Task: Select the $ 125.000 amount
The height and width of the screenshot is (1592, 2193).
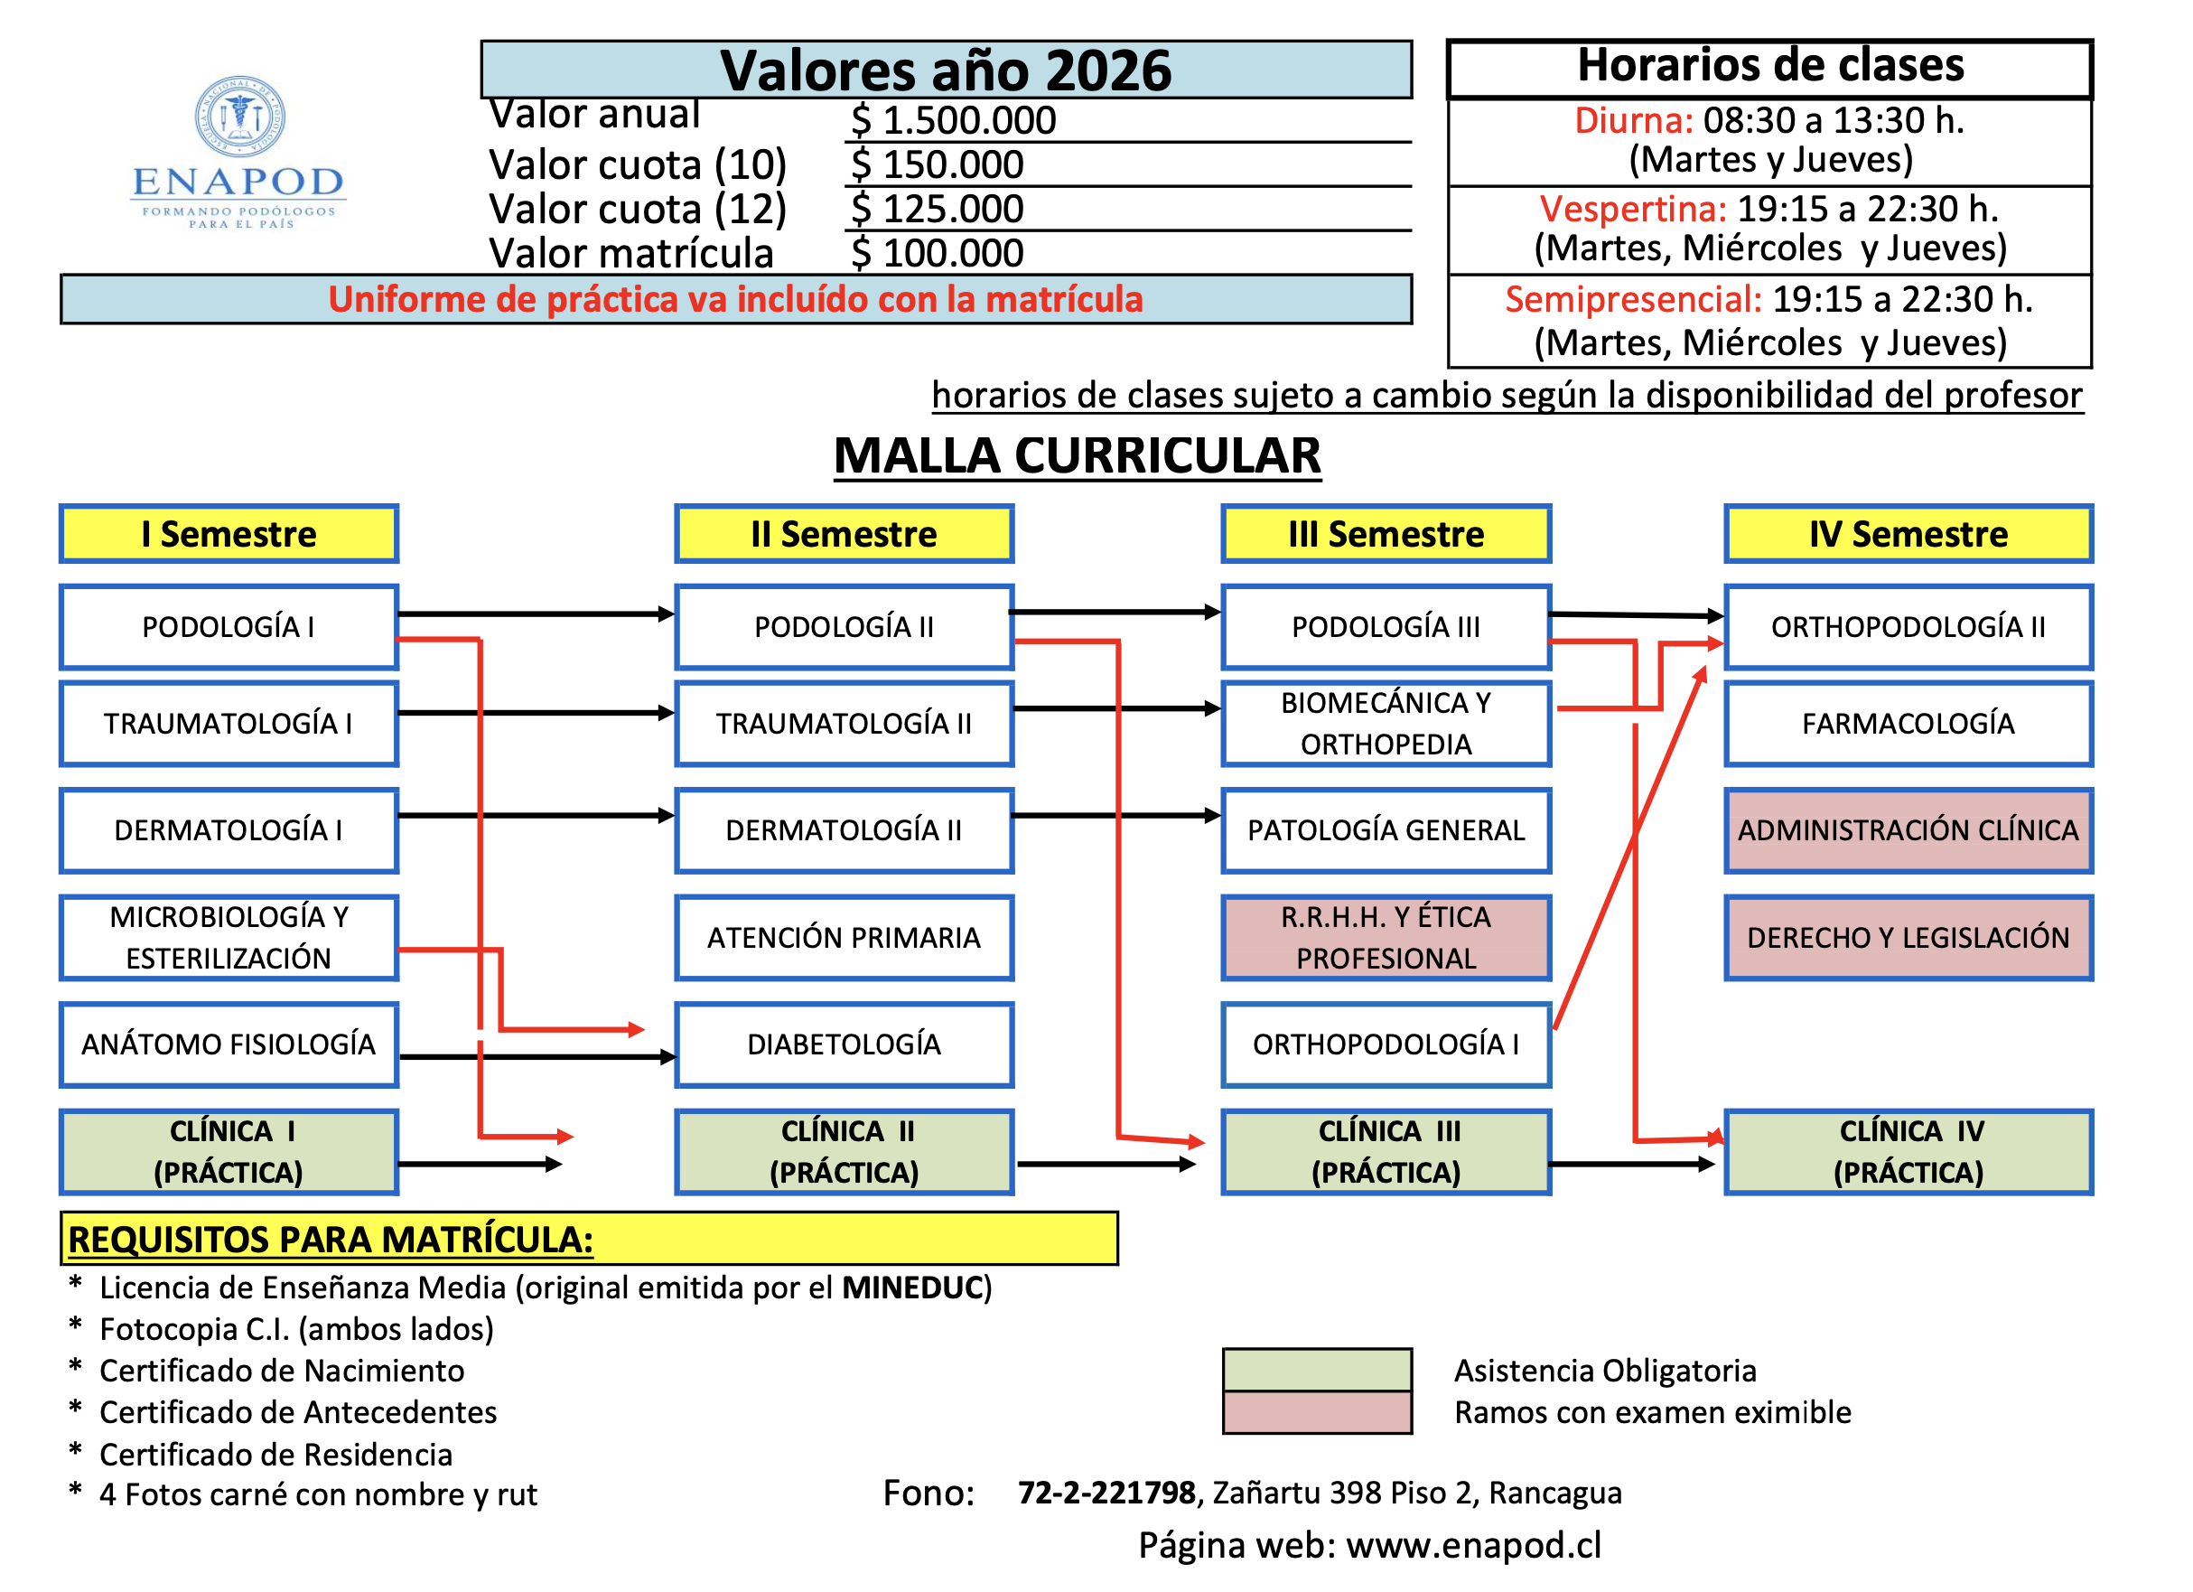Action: coord(936,209)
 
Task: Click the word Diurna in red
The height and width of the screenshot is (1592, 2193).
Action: coord(1632,121)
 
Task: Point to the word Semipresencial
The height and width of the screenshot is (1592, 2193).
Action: coord(1633,300)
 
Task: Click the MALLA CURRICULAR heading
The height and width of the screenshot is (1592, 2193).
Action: coord(1078,455)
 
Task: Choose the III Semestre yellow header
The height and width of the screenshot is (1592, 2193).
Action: coord(1386,534)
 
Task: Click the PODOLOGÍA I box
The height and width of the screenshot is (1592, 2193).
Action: coord(229,627)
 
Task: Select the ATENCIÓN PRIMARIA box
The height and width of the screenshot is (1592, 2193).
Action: coord(844,937)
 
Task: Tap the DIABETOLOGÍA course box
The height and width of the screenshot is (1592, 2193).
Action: coord(844,1044)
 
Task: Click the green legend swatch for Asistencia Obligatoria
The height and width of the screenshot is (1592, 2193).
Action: coord(1317,1370)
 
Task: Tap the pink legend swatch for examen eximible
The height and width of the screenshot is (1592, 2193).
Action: coord(1317,1412)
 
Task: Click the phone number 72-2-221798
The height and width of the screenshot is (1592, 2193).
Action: coord(1106,1493)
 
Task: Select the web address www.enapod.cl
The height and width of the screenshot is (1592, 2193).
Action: coord(1474,1545)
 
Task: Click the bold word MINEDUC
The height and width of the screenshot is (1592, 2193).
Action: coord(912,1288)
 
